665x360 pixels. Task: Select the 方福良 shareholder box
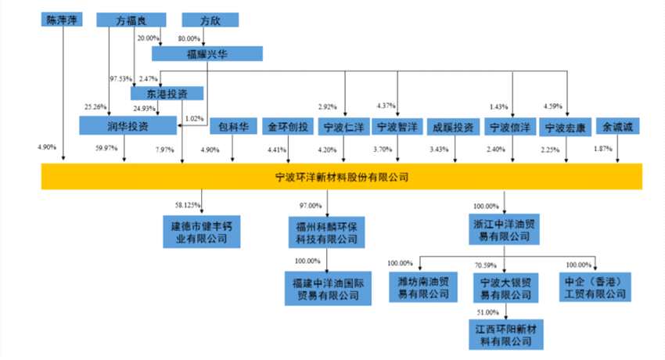[128, 19]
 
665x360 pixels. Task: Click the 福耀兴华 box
[207, 53]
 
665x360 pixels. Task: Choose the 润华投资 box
[118, 125]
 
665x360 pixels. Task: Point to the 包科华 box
[233, 125]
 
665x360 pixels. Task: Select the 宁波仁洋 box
[343, 125]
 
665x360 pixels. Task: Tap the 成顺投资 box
[454, 125]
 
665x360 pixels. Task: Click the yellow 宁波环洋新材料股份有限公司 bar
[341, 177]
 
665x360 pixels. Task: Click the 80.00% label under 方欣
[190, 37]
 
